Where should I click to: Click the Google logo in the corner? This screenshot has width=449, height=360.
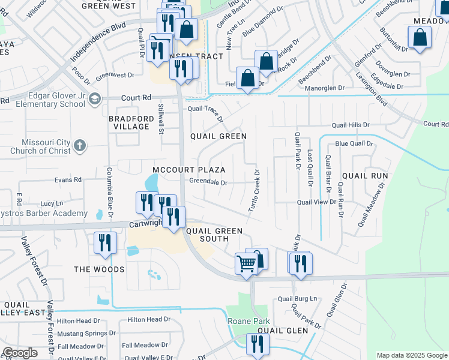[20, 353]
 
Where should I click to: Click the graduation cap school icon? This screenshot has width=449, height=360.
[94, 98]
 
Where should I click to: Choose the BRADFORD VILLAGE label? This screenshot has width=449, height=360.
[128, 122]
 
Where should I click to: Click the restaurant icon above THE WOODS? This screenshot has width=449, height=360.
[104, 243]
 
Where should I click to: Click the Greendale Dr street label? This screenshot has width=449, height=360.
[208, 182]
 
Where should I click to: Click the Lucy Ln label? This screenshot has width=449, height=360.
[52, 204]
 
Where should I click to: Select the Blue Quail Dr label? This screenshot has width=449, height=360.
[354, 144]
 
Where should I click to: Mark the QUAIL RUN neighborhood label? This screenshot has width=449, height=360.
[365, 176]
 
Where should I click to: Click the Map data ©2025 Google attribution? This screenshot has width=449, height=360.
[412, 355]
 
